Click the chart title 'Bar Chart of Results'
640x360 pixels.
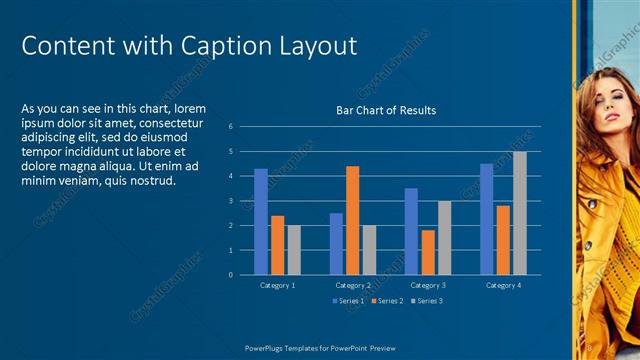[386, 110]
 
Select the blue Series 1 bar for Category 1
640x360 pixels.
[261, 221]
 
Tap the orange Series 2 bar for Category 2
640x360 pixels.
[352, 220]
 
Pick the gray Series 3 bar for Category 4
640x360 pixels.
[519, 213]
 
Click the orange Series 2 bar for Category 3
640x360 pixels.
[428, 252]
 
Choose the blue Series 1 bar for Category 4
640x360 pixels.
[486, 219]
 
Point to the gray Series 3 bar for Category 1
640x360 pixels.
[294, 250]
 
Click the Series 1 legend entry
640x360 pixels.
[349, 301]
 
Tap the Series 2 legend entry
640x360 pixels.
[387, 301]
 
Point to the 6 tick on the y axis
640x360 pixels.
[230, 127]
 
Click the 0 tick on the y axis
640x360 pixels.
[230, 275]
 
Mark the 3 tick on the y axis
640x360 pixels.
[230, 201]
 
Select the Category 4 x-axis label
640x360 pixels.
[502, 286]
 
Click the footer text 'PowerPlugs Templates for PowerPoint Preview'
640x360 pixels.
[321, 348]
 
